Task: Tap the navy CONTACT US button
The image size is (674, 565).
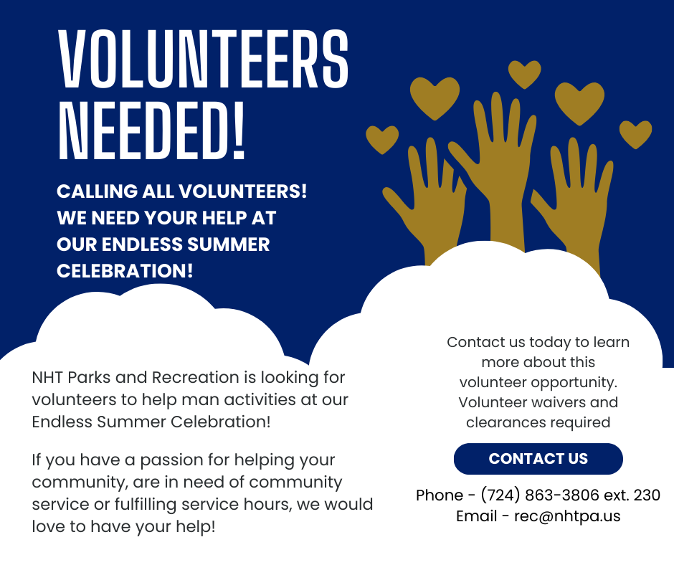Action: pos(538,459)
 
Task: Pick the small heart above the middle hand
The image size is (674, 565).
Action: pos(524,74)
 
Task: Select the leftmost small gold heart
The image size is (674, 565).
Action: pos(382,139)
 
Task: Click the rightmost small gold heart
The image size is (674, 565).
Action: pos(635,134)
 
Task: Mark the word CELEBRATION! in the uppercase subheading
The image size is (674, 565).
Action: pos(125,271)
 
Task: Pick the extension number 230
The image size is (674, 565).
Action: pos(646,495)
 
